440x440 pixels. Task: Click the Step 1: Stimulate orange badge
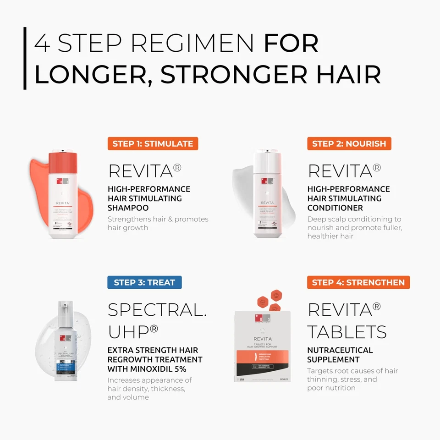[x=153, y=143]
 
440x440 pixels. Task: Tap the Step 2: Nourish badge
[x=349, y=143]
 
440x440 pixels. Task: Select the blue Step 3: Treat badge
[x=144, y=282]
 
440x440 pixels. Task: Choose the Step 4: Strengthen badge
[x=358, y=282]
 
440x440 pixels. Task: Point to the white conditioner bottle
[x=267, y=202]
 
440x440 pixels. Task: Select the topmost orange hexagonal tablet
[x=277, y=294]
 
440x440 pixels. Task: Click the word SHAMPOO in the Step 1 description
[x=128, y=208]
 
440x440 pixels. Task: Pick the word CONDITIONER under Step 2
[x=335, y=208]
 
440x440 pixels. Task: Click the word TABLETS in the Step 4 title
[x=347, y=331]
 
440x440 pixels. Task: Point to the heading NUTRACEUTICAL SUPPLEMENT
[x=340, y=355]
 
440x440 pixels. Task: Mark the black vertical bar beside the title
[x=25, y=58]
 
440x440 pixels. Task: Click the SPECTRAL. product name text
[x=157, y=310]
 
